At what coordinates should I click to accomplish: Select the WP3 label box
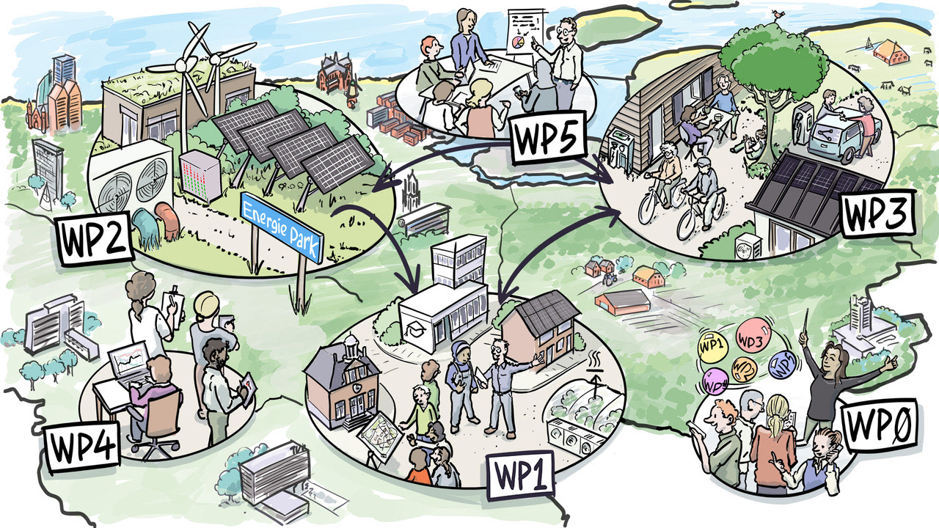click(x=876, y=213)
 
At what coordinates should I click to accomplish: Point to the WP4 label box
click(x=82, y=445)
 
